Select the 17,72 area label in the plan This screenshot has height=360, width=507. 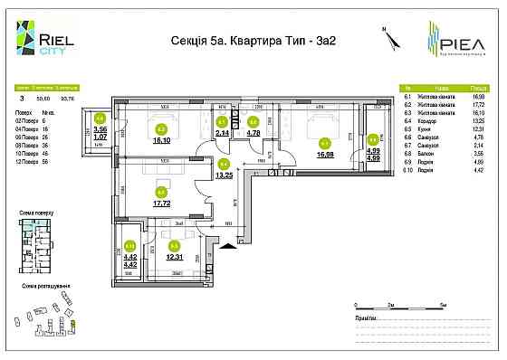163,204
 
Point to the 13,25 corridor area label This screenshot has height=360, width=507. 225,175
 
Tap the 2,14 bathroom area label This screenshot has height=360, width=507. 223,133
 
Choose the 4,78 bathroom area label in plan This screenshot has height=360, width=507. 254,133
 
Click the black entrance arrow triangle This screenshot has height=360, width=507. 239,242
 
